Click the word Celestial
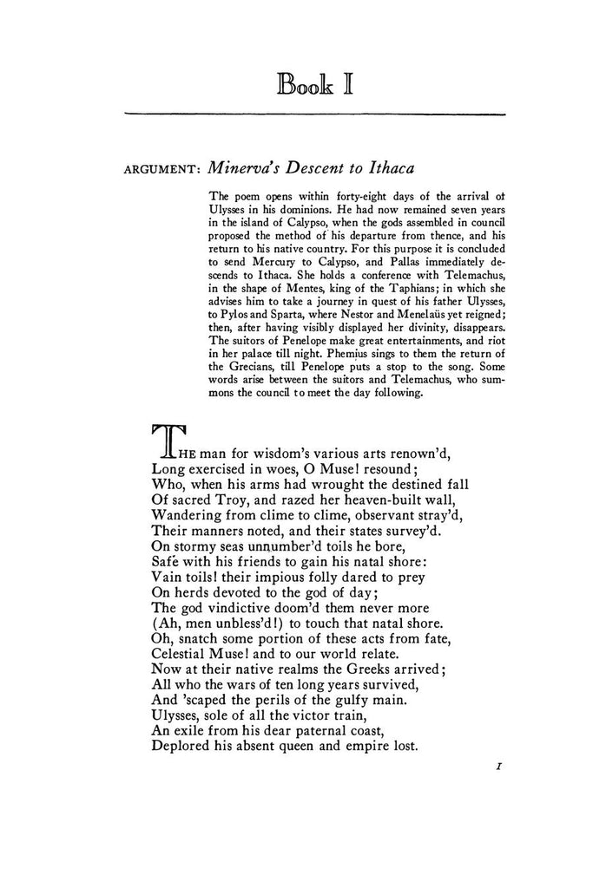184,677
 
